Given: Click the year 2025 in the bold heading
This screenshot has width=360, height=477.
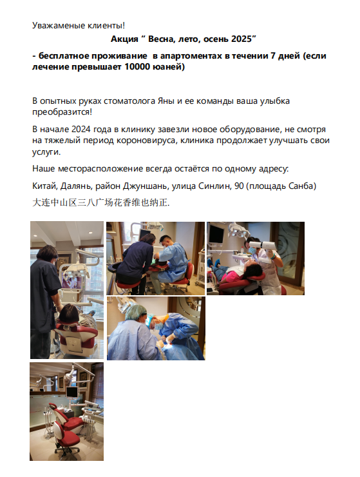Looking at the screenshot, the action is point(242,39).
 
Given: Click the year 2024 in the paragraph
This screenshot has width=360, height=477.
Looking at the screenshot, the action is point(81,130).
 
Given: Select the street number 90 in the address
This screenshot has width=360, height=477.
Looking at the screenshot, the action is point(239,186).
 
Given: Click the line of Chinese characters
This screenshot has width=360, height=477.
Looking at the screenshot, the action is point(101,202).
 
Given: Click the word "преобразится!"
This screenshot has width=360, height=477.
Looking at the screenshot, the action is point(62,112).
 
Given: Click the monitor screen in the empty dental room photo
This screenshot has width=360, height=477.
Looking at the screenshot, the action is point(71,393).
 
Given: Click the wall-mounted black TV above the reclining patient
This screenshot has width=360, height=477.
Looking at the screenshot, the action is point(216,234).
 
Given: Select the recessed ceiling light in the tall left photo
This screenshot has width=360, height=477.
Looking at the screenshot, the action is point(90,233).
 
